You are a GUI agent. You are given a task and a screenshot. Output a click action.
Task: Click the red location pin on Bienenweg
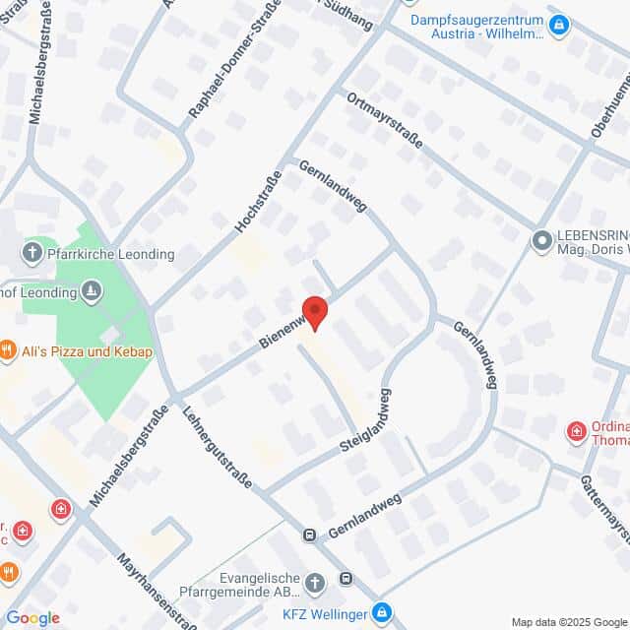(x=314, y=311)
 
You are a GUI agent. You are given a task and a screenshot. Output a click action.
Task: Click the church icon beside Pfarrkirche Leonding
(x=31, y=253)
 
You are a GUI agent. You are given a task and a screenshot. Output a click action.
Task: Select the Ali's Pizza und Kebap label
(x=83, y=350)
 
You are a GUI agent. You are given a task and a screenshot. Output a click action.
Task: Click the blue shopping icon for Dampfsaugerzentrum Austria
(x=559, y=24)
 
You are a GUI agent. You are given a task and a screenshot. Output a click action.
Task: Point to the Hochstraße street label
(x=259, y=203)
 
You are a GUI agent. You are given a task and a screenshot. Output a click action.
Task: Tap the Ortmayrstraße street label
(x=384, y=120)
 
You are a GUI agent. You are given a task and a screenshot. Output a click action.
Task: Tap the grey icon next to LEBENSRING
(x=541, y=240)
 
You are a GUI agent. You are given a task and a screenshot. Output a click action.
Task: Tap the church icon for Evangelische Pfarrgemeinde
(x=315, y=582)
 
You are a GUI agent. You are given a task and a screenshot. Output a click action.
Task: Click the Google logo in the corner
(x=32, y=618)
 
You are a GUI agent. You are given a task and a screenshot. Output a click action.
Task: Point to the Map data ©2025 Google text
(x=568, y=621)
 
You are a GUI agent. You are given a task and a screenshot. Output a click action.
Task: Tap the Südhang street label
(x=350, y=15)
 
